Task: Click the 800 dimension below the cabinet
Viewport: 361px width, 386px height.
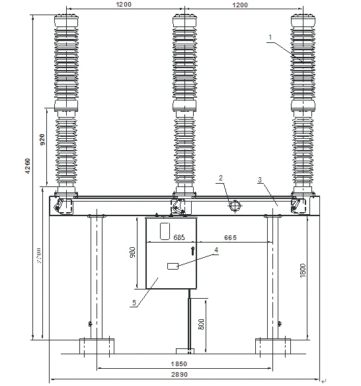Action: pyautogui.click(x=201, y=325)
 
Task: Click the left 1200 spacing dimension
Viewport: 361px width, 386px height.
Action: pyautogui.click(x=123, y=5)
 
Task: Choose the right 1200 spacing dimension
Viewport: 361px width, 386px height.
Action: pyautogui.click(x=239, y=5)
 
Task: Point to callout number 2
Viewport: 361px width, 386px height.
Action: pyautogui.click(x=222, y=177)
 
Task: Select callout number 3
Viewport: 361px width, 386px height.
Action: pyautogui.click(x=261, y=179)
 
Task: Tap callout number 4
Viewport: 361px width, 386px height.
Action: pyautogui.click(x=216, y=249)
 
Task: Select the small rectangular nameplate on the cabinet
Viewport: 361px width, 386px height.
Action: pyautogui.click(x=174, y=266)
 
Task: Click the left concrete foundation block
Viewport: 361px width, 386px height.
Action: pyautogui.click(x=97, y=345)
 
